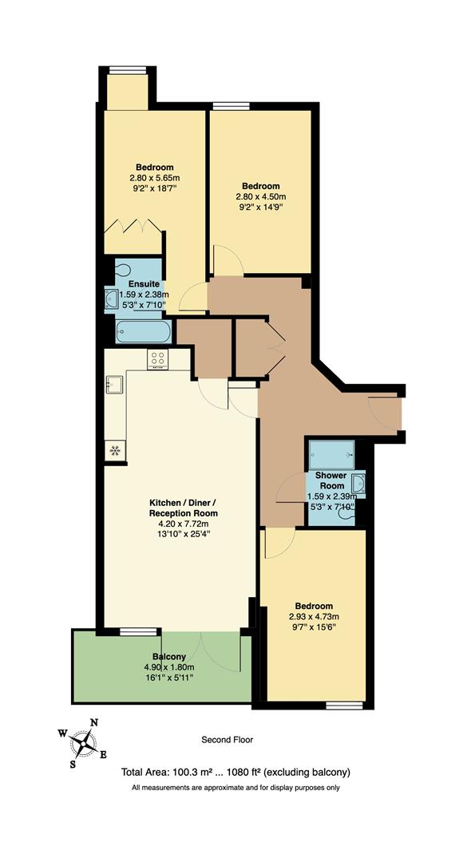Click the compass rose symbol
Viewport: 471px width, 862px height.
82,745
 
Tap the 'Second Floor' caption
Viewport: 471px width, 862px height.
228,740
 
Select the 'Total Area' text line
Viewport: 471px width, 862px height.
235,772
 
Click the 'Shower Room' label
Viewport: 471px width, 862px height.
331,480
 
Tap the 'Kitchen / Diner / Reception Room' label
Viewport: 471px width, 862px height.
184,508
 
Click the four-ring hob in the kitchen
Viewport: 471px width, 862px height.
157,360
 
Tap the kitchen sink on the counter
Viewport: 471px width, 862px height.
113,386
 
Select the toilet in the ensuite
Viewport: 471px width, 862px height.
123,269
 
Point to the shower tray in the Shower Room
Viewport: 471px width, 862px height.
331,454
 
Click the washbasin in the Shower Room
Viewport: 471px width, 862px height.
359,483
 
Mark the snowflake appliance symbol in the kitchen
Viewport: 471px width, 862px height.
115,450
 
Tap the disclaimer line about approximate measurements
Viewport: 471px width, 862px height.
235,788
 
